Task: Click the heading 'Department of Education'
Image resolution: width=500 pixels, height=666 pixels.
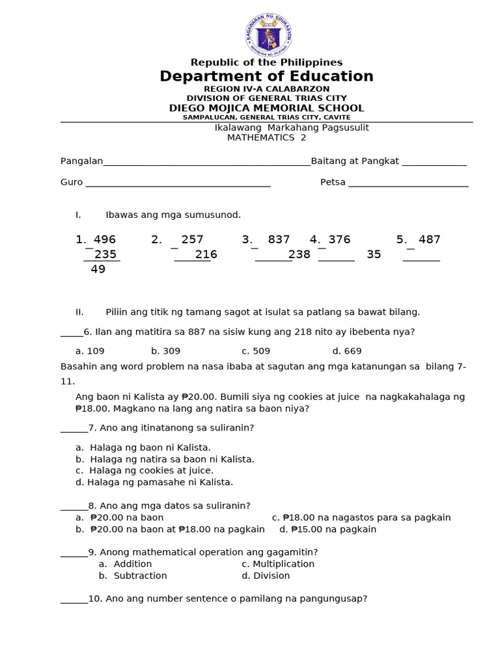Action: click(x=266, y=77)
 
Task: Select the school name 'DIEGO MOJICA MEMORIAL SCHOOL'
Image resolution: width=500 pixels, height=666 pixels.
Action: click(x=266, y=108)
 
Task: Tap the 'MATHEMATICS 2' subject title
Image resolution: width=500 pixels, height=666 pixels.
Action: click(x=266, y=138)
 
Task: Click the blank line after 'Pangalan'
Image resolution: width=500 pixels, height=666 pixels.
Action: click(x=206, y=163)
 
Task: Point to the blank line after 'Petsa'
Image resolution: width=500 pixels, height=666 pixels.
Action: click(x=408, y=184)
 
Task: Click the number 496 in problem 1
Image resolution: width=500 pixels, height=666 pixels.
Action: click(x=104, y=240)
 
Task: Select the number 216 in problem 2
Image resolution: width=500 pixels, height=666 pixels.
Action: click(x=206, y=255)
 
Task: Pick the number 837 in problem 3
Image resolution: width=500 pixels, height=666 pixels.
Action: click(x=279, y=240)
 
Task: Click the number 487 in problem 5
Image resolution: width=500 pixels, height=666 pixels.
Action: click(x=429, y=240)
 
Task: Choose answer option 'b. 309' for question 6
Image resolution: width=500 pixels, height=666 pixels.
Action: click(x=165, y=351)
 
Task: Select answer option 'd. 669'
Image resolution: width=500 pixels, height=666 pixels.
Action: click(x=346, y=351)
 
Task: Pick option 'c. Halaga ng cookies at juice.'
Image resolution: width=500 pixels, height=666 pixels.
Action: click(x=145, y=470)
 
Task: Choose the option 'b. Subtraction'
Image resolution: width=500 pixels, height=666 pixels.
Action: click(x=133, y=576)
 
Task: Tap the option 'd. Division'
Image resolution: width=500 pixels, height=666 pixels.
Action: click(x=266, y=576)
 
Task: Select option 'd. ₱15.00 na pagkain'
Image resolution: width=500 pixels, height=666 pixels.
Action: click(x=327, y=529)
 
